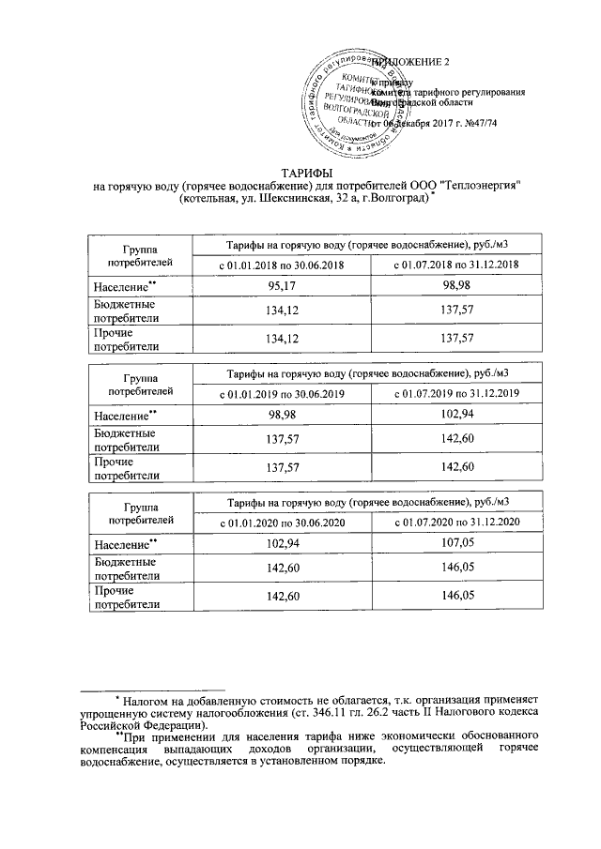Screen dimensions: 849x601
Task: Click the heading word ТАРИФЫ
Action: click(x=300, y=173)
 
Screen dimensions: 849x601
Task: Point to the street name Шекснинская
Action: click(x=285, y=199)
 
